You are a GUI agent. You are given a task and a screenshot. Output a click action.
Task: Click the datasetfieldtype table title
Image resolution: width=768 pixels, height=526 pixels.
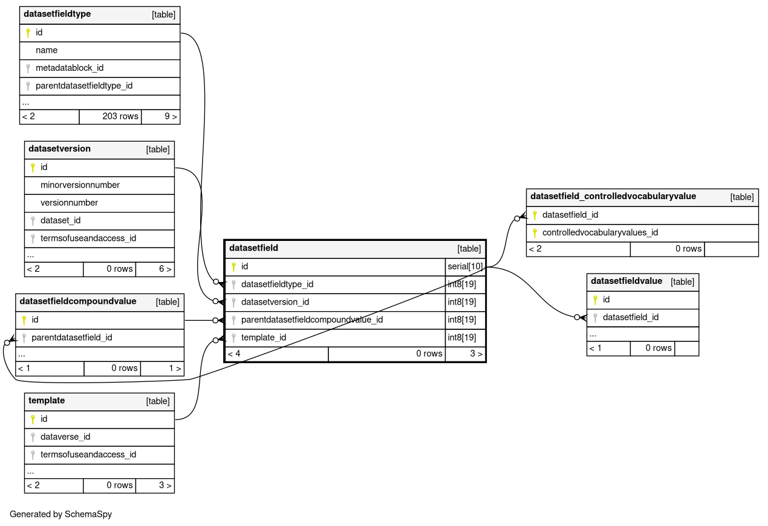click(57, 14)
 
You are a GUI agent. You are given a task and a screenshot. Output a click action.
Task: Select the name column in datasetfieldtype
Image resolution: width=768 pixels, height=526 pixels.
click(47, 50)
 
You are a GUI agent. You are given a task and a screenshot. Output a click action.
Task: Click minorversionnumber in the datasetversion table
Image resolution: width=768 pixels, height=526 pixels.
click(80, 185)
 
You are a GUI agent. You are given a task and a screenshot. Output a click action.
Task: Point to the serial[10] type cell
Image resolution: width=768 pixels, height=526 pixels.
click(465, 266)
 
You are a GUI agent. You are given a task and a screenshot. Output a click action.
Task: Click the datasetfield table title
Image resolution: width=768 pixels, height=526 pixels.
click(254, 248)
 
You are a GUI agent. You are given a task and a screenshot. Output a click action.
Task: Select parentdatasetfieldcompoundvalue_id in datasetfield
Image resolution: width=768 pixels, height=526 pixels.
click(312, 320)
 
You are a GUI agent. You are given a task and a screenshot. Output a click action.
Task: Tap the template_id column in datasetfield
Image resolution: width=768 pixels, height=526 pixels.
click(264, 338)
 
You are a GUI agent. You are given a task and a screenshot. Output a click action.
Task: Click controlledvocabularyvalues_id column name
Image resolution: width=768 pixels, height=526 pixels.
click(600, 232)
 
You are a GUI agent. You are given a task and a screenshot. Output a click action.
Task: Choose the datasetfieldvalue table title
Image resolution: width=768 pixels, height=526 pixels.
click(626, 281)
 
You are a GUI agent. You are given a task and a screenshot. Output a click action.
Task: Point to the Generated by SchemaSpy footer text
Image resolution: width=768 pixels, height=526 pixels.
click(60, 514)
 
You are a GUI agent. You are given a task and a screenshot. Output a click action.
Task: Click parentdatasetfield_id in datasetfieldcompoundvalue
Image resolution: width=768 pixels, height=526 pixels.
click(71, 338)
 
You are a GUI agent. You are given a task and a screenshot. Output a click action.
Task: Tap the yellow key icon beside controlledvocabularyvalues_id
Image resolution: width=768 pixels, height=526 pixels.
click(535, 233)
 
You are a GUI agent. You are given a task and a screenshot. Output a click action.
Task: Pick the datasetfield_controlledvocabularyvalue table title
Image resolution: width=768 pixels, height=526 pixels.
click(613, 196)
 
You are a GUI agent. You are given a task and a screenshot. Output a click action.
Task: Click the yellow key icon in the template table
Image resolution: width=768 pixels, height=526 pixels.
click(33, 419)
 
